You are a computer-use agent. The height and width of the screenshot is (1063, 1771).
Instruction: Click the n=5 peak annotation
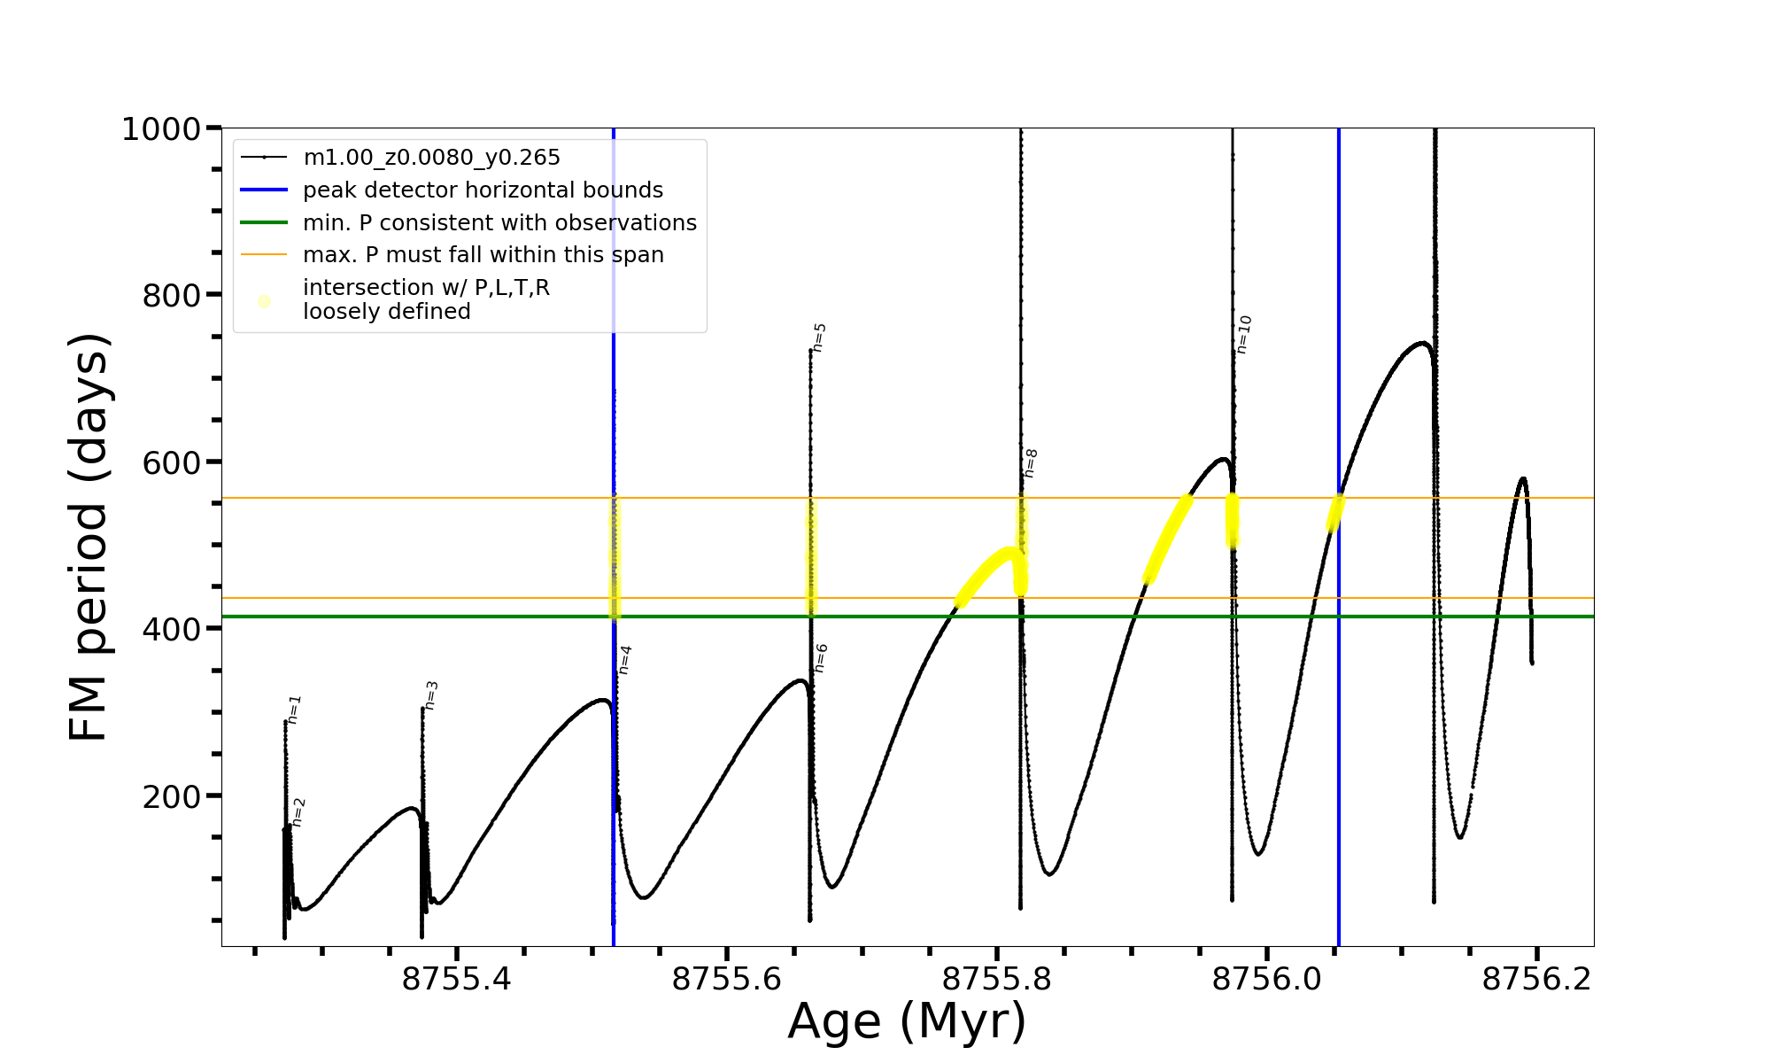[x=820, y=338]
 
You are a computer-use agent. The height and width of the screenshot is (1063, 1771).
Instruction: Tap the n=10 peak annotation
[x=1244, y=335]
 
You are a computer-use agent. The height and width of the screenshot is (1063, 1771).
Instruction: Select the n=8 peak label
[x=1031, y=463]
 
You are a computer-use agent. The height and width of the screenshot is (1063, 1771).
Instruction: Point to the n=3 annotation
[x=431, y=695]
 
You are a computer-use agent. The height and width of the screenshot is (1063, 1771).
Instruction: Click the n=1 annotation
[x=295, y=710]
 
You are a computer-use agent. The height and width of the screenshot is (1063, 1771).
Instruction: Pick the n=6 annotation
[x=821, y=658]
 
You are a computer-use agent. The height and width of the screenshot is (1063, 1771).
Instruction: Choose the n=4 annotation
[x=625, y=660]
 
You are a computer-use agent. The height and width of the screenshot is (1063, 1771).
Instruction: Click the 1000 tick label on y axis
[x=161, y=129]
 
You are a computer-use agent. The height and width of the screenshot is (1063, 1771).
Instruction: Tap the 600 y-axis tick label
[x=172, y=462]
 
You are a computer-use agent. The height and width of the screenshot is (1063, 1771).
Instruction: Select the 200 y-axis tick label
[x=172, y=796]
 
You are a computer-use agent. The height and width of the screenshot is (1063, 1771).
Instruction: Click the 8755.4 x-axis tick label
[x=456, y=980]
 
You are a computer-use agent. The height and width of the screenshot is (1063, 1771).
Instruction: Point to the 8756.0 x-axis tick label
[x=1266, y=980]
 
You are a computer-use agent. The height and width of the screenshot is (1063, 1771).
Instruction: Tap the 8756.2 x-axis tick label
[x=1536, y=980]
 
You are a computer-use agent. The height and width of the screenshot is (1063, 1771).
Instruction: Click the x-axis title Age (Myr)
[x=907, y=1021]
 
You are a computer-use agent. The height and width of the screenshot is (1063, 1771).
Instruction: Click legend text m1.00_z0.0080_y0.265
[x=431, y=158]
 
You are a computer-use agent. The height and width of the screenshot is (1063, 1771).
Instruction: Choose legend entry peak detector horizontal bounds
[x=483, y=190]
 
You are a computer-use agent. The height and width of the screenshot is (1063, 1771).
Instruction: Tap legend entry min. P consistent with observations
[x=499, y=223]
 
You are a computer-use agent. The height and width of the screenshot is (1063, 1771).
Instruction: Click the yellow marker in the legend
[x=264, y=301]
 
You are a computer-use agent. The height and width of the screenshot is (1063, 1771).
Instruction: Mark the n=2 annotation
[x=298, y=812]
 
